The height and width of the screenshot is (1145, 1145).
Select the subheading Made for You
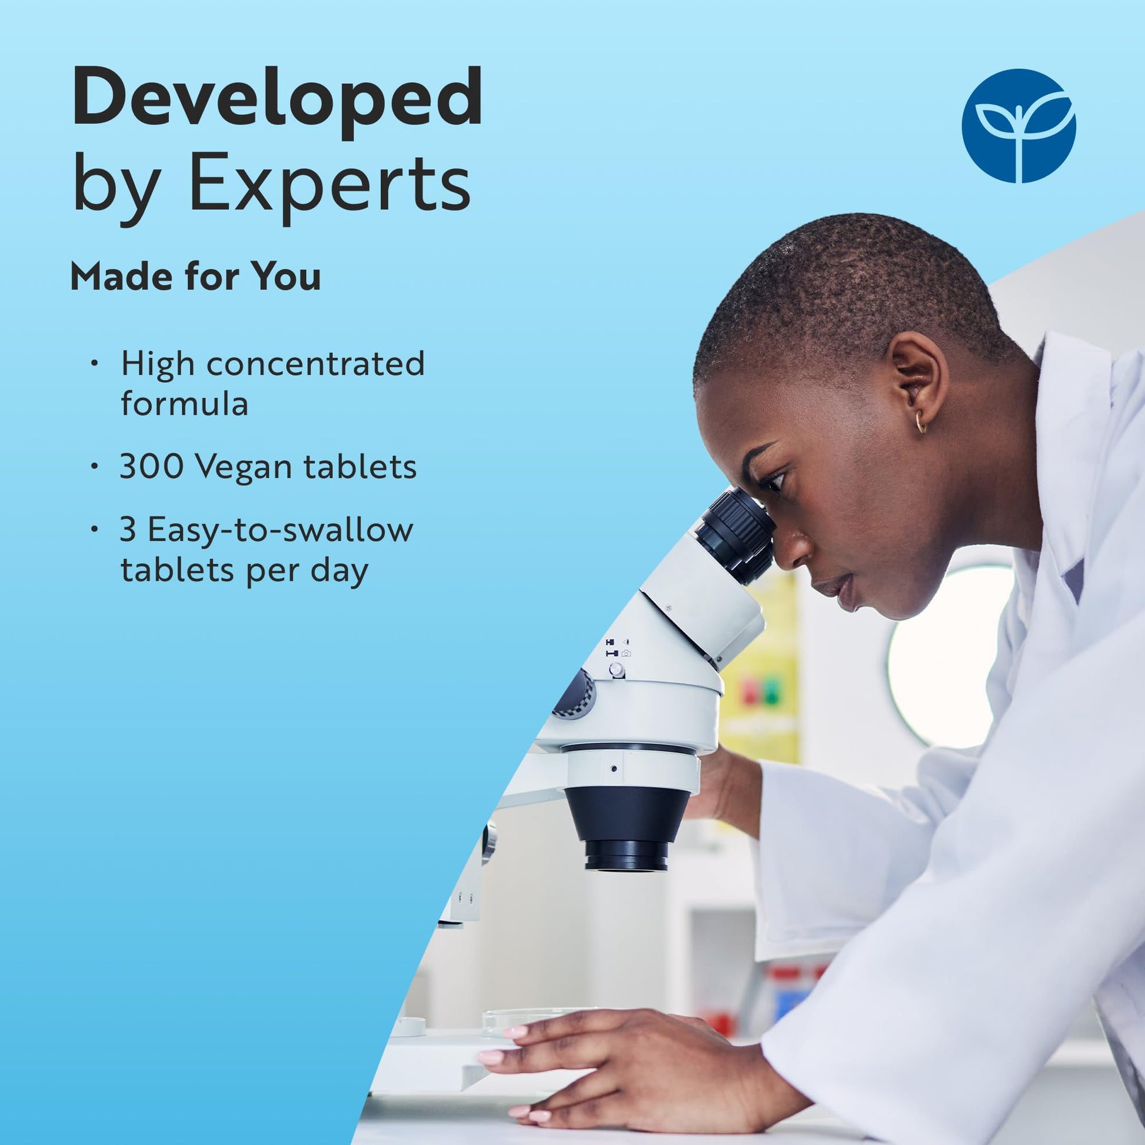(195, 276)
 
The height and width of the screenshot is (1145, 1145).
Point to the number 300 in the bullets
(152, 467)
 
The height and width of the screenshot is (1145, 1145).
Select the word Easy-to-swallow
(280, 529)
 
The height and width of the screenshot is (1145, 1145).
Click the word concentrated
(315, 364)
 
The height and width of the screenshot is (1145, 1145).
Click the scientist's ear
(917, 380)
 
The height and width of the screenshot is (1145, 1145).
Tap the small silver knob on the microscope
(617, 670)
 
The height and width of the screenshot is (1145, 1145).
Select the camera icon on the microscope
(626, 653)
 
